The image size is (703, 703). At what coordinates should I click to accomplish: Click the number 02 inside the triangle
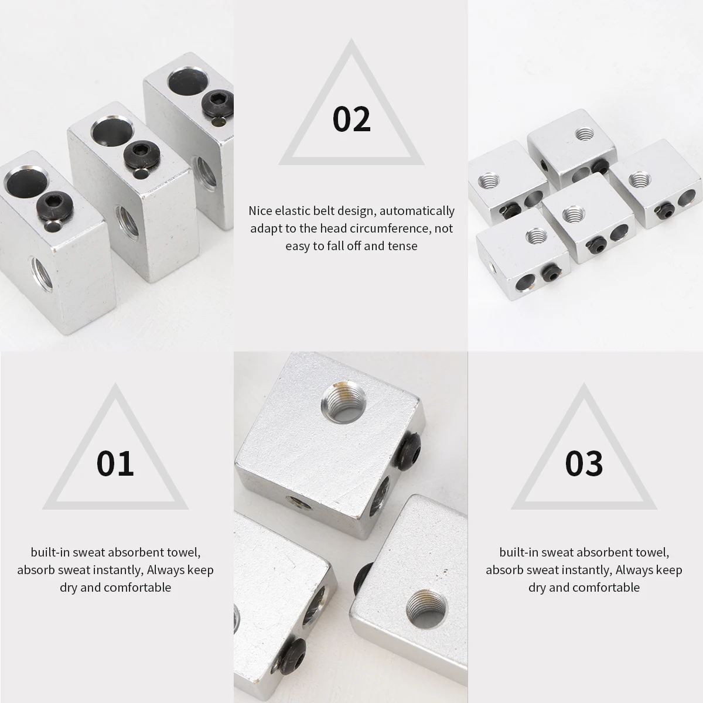point(351,119)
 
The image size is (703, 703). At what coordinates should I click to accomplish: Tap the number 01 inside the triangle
point(115,463)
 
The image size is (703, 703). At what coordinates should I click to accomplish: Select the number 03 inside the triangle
point(584,463)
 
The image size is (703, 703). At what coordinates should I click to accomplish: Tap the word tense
point(402,245)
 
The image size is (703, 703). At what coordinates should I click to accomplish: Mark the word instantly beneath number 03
point(582,569)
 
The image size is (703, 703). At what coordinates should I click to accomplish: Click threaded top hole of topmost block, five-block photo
point(584,134)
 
